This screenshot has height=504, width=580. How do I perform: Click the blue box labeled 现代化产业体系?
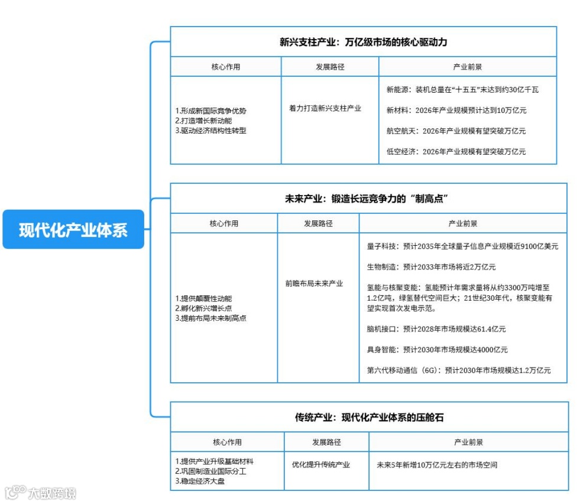73,229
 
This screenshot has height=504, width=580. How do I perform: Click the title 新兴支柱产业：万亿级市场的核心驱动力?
363,43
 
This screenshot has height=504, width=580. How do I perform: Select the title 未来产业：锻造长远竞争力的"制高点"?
368,199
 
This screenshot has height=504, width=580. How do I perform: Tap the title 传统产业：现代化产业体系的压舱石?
369,418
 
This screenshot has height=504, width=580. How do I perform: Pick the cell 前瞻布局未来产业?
314,284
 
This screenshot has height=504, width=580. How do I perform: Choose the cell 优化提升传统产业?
320,465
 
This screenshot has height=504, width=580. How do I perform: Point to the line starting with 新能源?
462,90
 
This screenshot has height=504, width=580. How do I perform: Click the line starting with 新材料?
456,110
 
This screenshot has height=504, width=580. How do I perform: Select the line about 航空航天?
456,131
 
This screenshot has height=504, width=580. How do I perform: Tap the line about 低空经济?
456,152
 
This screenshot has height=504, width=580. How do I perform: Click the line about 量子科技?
462,246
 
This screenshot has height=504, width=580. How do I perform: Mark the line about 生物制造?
431,267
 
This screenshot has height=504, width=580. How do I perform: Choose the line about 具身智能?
437,350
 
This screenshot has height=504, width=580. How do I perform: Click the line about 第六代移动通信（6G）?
459,370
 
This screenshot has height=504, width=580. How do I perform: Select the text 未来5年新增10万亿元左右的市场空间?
437,465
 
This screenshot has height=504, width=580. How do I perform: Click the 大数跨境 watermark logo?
41,492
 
